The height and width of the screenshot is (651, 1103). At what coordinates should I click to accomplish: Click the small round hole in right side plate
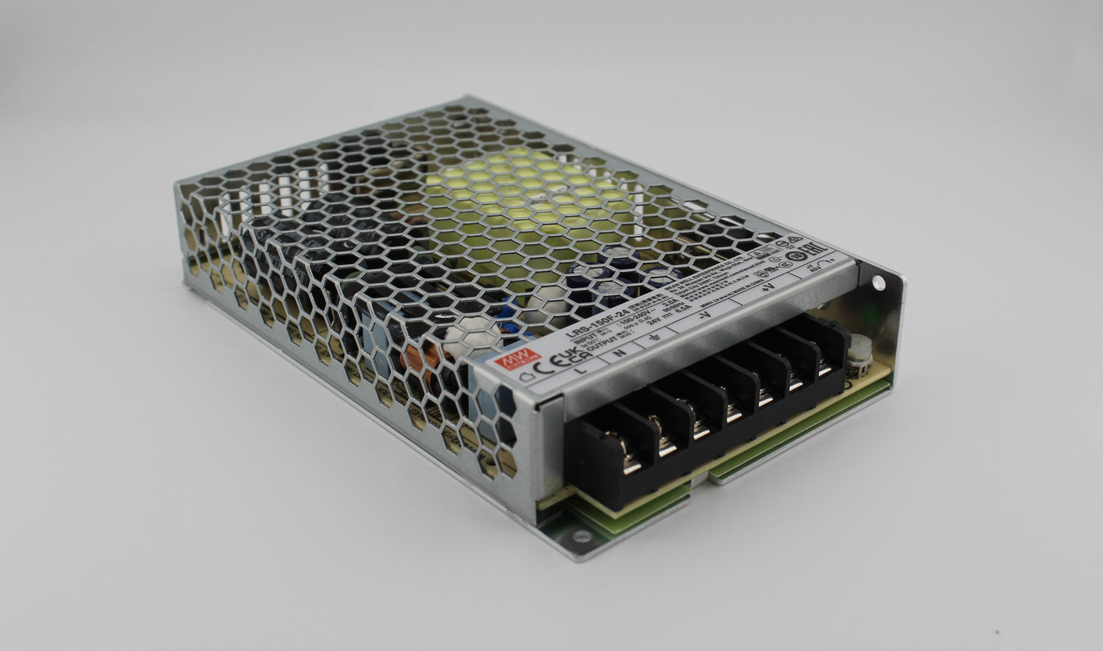point(878,282)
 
